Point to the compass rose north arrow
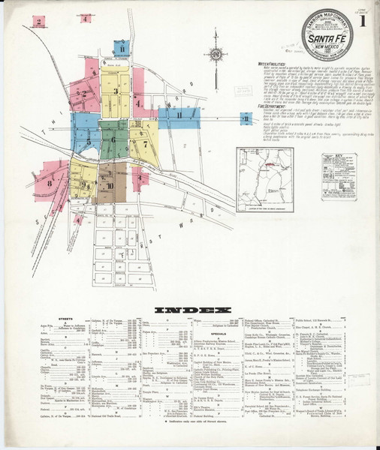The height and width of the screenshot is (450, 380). (216, 54)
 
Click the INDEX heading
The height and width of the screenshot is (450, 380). (189, 310)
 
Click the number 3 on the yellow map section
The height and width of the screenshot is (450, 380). (115, 91)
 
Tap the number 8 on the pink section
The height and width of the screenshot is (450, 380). (50, 182)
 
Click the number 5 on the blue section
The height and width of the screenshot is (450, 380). (89, 141)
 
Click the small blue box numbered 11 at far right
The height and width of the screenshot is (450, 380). (245, 118)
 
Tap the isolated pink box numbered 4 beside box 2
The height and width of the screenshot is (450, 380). (86, 18)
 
